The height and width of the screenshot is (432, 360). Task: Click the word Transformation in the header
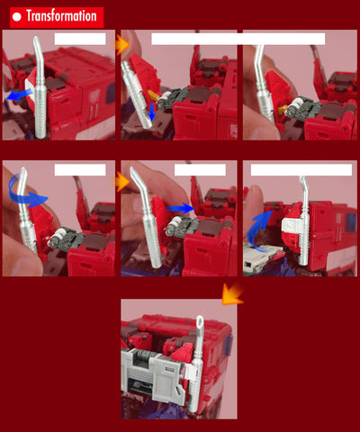61,16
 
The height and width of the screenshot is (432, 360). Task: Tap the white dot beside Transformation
17,17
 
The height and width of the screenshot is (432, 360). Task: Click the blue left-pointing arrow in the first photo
19,95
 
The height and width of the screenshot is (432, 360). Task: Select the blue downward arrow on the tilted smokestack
152,111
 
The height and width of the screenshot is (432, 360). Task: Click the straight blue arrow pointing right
181,209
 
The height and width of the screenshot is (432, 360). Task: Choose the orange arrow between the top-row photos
122,45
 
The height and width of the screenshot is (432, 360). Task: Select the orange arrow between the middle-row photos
122,182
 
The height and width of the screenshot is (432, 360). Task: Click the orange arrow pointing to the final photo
231,295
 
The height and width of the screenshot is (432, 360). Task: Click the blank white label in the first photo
80,39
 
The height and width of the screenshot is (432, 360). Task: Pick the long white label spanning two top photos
238,39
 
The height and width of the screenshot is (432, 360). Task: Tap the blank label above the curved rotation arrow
80,170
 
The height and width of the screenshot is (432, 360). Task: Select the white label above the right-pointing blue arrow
200,170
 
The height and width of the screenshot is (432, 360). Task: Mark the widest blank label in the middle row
301,170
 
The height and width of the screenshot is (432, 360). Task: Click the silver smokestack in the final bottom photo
196,366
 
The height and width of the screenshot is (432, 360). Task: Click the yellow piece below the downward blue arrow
154,96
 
